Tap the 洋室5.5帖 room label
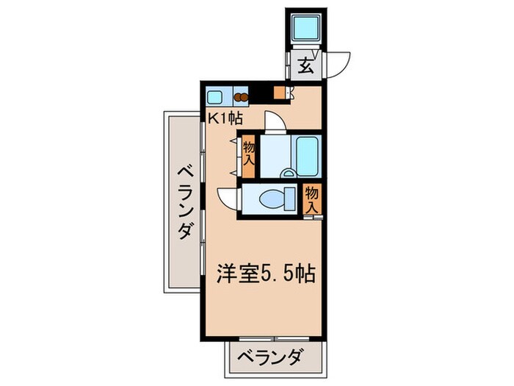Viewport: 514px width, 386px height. tap(265, 274)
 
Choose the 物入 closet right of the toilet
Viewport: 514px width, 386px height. tap(313, 199)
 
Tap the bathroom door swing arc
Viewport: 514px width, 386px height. tap(272, 120)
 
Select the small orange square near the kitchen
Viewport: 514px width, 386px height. tap(279, 93)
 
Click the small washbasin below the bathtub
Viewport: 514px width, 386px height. tap(288, 174)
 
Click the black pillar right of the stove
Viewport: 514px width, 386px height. tap(258, 95)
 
